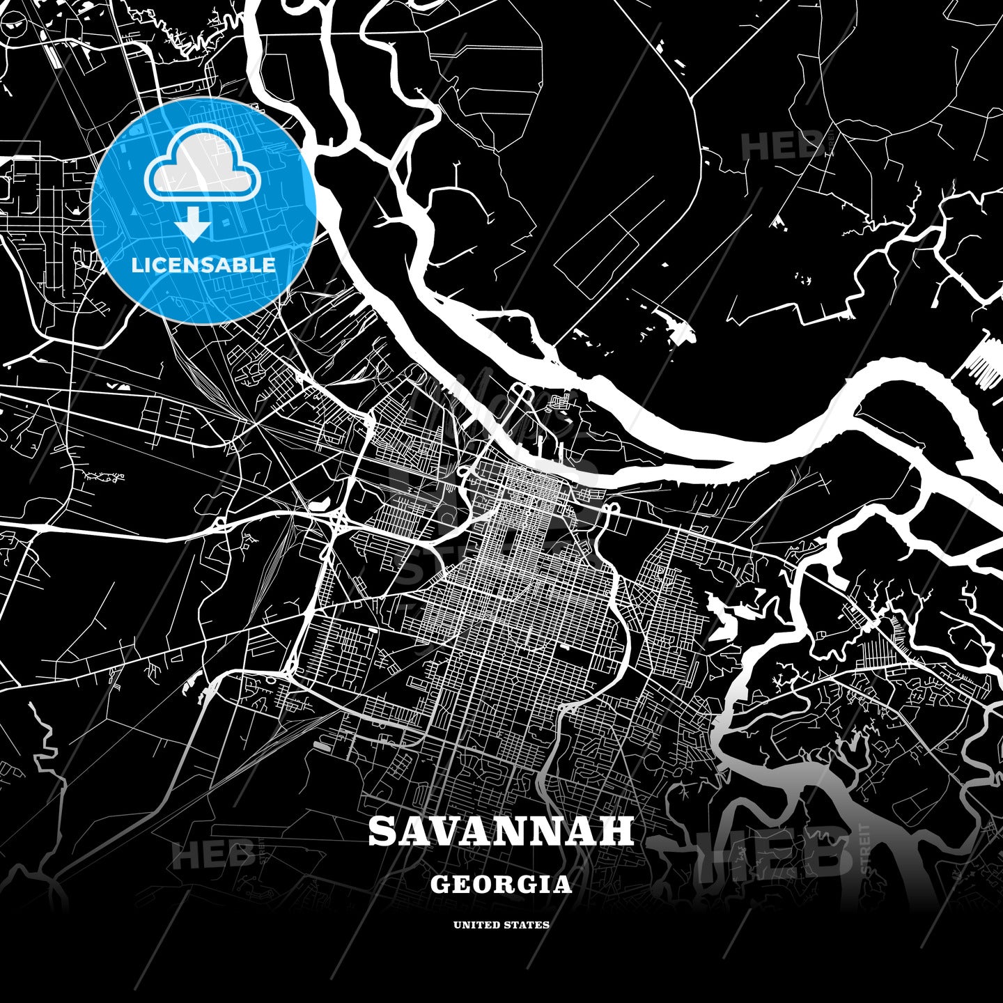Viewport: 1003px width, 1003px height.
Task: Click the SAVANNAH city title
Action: coord(501,831)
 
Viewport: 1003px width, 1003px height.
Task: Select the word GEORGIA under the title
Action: coord(501,885)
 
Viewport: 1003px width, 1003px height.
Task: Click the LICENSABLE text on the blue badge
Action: coord(203,265)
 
